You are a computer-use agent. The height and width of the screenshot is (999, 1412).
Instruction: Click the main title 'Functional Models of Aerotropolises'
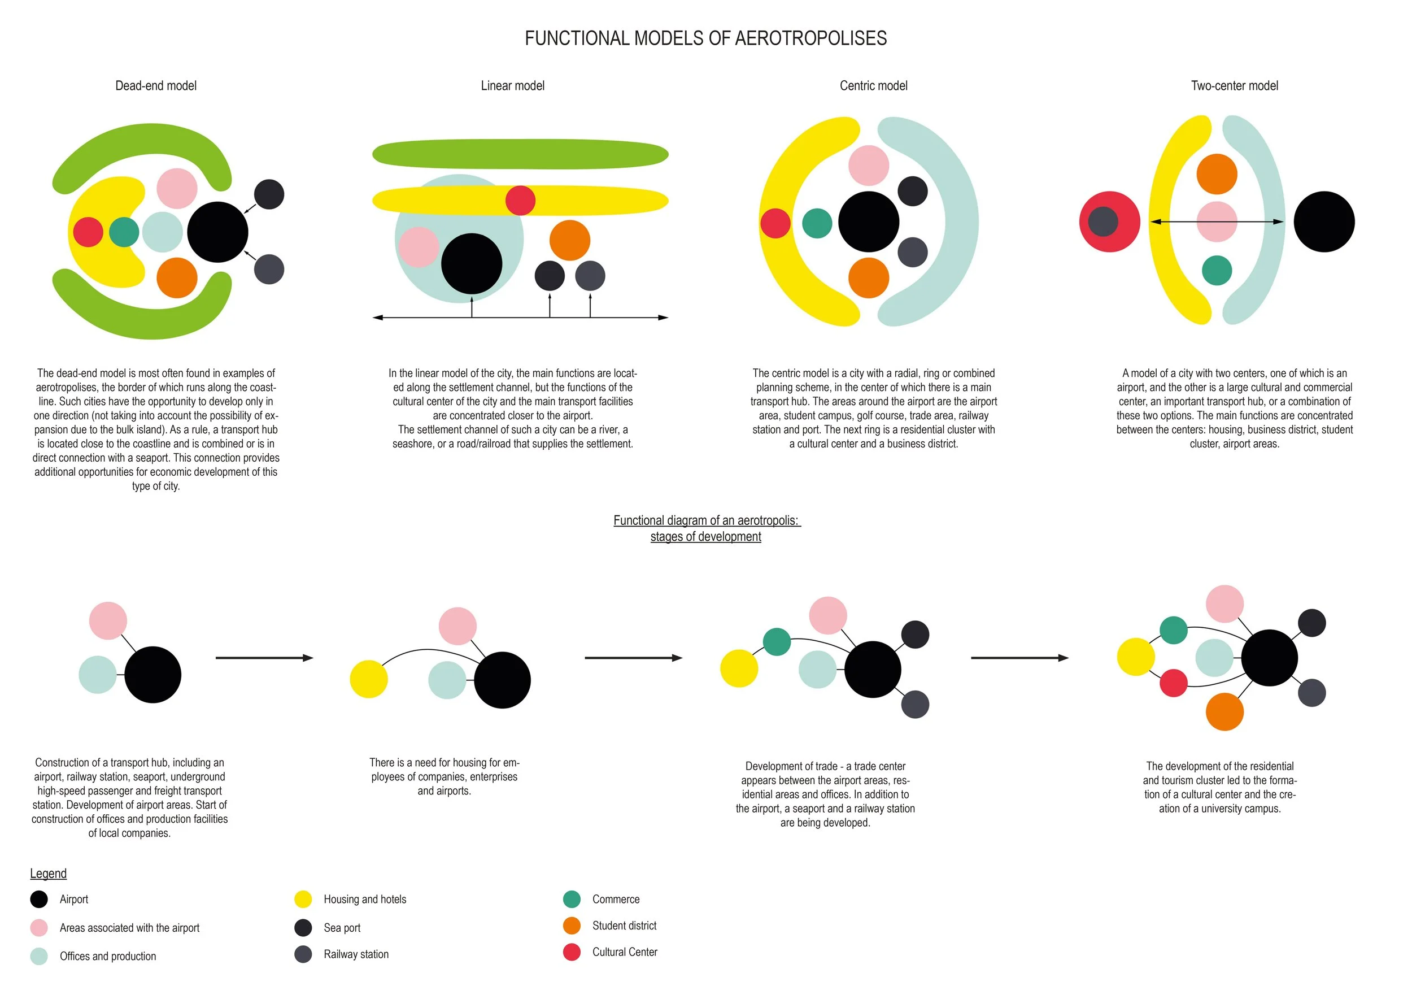click(705, 38)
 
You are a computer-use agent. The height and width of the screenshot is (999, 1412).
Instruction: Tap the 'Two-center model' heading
click(1234, 85)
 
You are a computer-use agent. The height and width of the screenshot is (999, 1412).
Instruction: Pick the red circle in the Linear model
click(520, 201)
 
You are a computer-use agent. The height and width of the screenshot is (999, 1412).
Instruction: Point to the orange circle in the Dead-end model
click(177, 277)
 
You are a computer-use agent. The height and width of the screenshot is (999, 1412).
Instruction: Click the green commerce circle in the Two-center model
click(1217, 270)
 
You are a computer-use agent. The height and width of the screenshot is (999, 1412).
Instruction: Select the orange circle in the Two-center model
click(1217, 174)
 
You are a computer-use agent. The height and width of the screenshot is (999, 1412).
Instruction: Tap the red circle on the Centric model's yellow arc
click(775, 223)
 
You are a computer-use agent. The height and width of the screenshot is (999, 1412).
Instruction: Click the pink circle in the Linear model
click(418, 247)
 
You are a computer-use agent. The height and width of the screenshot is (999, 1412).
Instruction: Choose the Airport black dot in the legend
click(39, 900)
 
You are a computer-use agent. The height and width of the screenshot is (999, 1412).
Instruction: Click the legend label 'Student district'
click(624, 925)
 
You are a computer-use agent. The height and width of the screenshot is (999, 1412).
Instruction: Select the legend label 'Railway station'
click(356, 954)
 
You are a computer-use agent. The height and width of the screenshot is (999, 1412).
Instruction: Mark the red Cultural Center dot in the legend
click(572, 952)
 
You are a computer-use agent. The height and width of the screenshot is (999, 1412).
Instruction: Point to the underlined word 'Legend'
click(48, 874)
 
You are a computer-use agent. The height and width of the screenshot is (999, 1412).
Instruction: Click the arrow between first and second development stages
click(264, 658)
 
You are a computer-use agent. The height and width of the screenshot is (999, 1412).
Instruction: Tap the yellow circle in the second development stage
click(368, 679)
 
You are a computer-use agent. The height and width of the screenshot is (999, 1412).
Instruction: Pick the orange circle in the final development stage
click(1224, 712)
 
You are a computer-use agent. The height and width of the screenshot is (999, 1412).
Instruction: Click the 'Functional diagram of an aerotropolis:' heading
click(707, 520)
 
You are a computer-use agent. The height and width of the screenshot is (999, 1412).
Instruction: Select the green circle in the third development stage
click(777, 641)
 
